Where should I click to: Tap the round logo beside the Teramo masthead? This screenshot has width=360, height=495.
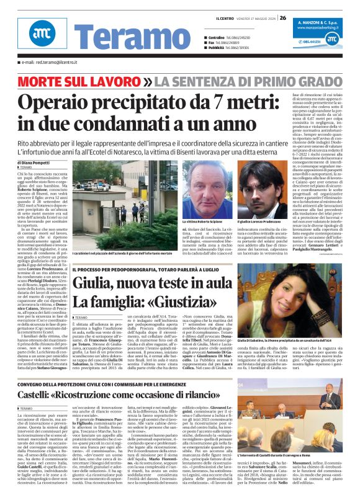40,33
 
